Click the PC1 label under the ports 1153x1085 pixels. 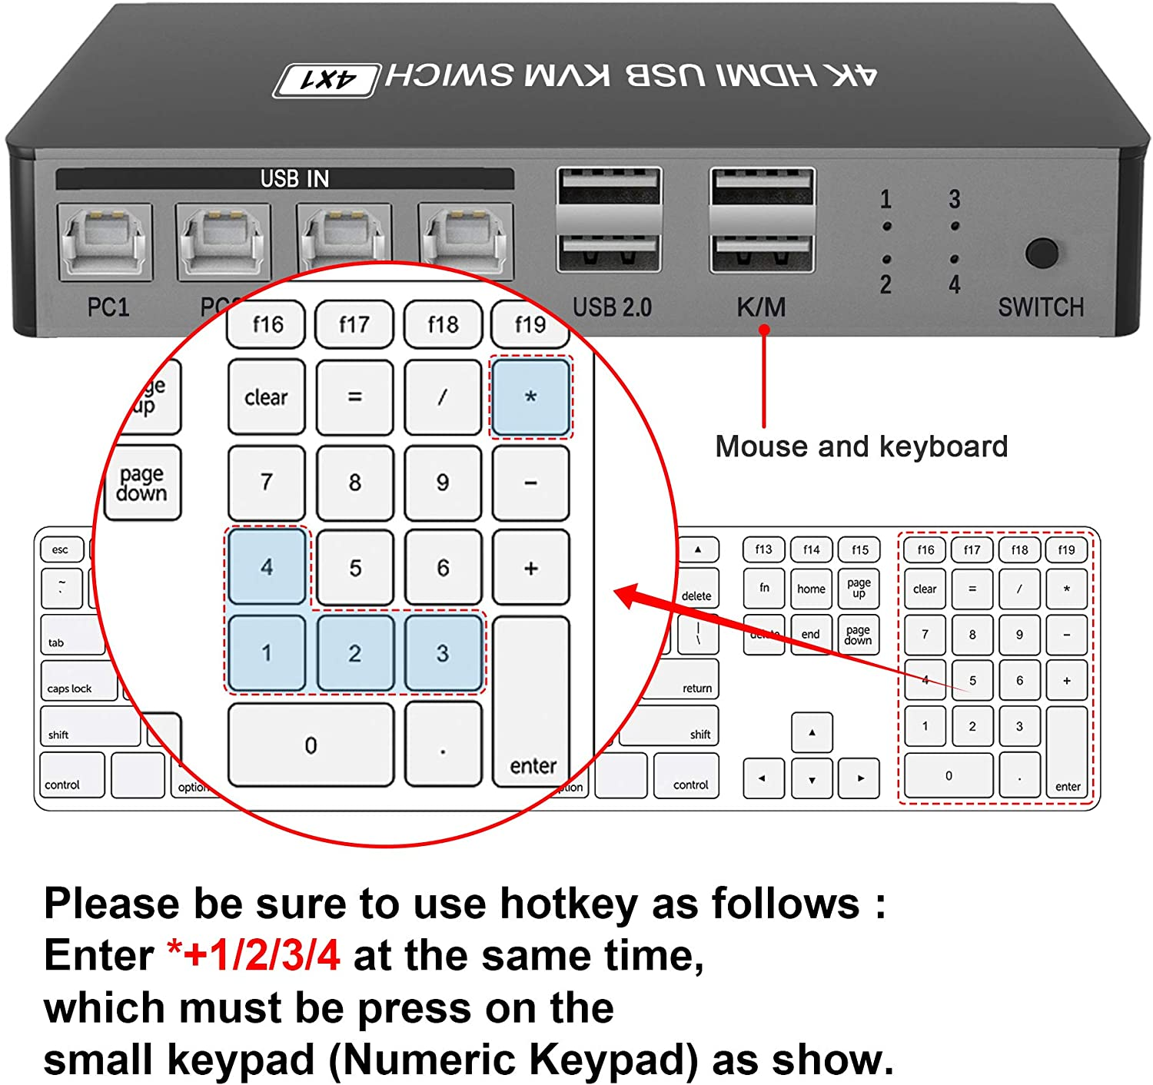point(108,307)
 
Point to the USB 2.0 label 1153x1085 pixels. point(612,307)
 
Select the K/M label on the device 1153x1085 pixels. point(761,307)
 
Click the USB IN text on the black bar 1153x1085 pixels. point(294,179)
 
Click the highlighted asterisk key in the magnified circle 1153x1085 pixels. point(530,397)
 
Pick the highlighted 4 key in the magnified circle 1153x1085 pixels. point(267,567)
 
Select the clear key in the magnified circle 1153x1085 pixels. point(266,397)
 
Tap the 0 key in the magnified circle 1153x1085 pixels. point(311,745)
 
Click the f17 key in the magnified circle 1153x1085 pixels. point(354,324)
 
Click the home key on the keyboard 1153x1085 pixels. point(811,589)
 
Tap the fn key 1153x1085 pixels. point(764,588)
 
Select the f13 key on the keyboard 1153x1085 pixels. point(763,549)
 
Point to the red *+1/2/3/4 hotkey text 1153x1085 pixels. point(254,956)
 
